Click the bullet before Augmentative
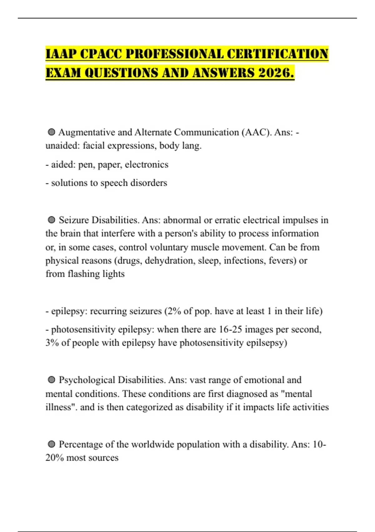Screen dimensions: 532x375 52,132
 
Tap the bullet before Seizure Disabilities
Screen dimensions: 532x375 52,220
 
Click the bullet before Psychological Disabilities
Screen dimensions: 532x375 52,380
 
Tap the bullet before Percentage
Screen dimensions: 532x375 52,444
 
